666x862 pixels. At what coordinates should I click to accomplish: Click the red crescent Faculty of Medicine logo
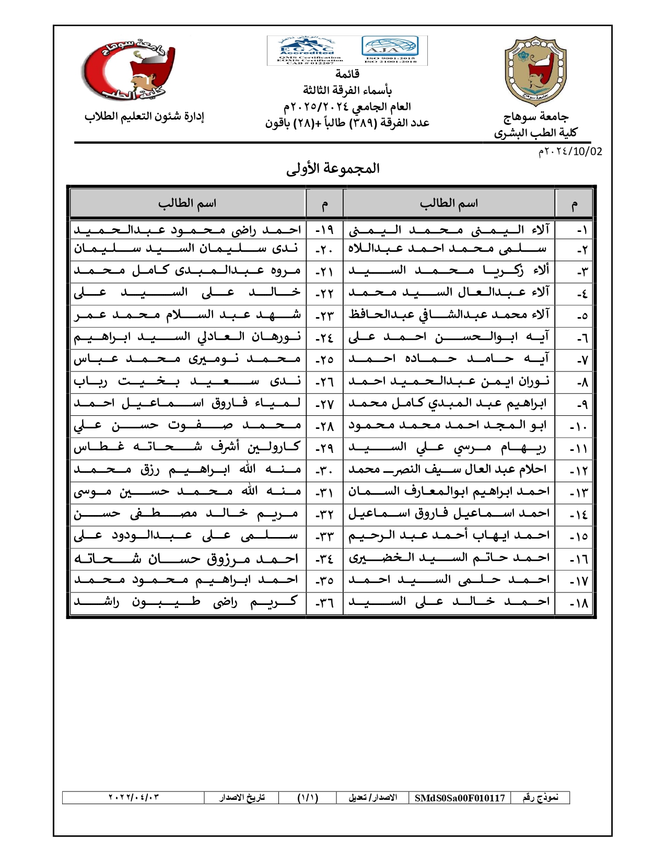pos(129,70)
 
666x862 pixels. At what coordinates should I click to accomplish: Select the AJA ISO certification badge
pos(390,51)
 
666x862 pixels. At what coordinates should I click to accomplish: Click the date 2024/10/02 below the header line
pos(570,152)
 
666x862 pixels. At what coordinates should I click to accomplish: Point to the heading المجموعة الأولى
pos(333,168)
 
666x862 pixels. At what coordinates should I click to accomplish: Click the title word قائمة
pos(347,74)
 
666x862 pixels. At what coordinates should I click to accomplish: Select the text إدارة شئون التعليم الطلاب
pos(144,116)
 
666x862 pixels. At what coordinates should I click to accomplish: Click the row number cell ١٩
pos(324,229)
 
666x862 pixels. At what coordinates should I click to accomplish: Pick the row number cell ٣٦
pos(324,602)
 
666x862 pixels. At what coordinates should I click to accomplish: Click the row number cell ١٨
pos(579,602)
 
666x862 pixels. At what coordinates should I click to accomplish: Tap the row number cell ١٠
pos(579,426)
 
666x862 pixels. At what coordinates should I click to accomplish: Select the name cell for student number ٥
pos(449,314)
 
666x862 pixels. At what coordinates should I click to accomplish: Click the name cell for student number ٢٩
pos(187,447)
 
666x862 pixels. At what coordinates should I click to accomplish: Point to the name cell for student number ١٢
pos(449,470)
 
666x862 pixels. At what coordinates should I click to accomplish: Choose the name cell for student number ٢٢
pos(187,293)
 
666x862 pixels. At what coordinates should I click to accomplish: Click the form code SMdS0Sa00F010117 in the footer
pos(460,798)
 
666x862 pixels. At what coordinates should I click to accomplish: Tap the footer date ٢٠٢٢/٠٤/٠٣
pos(133,798)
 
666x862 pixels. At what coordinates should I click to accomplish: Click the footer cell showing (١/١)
pos(308,798)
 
